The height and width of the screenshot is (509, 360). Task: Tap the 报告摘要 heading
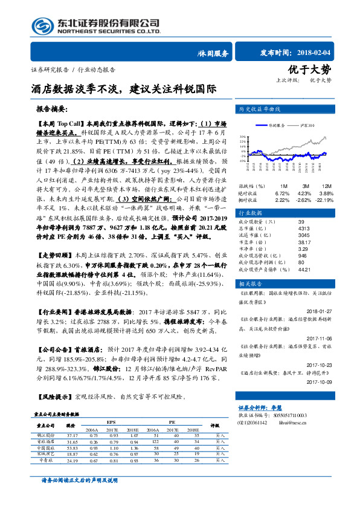click(x=53, y=109)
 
